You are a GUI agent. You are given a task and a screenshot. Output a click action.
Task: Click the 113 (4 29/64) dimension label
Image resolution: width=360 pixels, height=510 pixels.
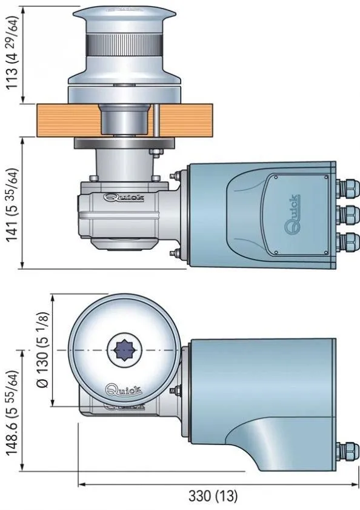pyautogui.click(x=13, y=53)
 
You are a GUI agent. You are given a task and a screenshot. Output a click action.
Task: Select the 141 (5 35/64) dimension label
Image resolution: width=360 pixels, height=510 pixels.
pyautogui.click(x=13, y=206)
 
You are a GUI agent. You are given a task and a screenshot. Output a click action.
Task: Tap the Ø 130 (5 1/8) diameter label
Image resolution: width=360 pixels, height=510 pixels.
pyautogui.click(x=42, y=350)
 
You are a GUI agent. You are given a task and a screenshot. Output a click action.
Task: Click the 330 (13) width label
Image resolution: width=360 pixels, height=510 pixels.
pyautogui.click(x=213, y=495)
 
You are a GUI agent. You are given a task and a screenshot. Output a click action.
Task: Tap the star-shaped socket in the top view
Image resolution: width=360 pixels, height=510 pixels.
pyautogui.click(x=125, y=350)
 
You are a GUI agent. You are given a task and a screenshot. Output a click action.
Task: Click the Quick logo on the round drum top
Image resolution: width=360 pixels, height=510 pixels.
pyautogui.click(x=123, y=389)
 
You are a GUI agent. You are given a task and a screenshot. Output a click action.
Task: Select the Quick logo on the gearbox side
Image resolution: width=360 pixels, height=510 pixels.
pyautogui.click(x=124, y=197)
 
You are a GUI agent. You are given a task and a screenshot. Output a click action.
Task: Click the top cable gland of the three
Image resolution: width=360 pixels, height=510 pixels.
pyautogui.click(x=347, y=188)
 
